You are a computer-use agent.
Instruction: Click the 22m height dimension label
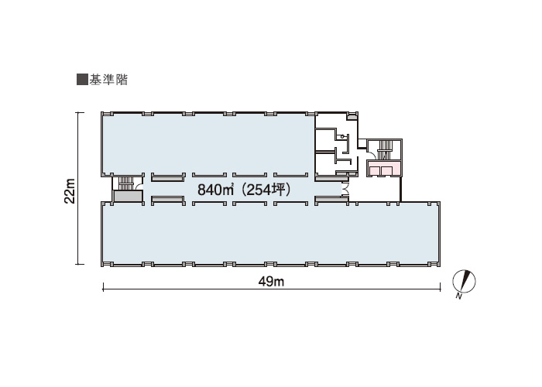[x=70, y=190]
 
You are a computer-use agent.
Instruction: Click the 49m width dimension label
[x=271, y=282]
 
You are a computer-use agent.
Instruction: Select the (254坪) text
[x=266, y=190]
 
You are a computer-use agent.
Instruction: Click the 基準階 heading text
[x=108, y=80]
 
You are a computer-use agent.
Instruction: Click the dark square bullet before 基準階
[x=82, y=80]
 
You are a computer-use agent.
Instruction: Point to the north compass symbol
[x=465, y=280]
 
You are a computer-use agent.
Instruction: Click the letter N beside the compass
[x=459, y=296]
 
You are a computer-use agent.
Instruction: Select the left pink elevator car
[x=375, y=171]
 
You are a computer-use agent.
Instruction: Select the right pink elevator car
[x=386, y=171]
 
